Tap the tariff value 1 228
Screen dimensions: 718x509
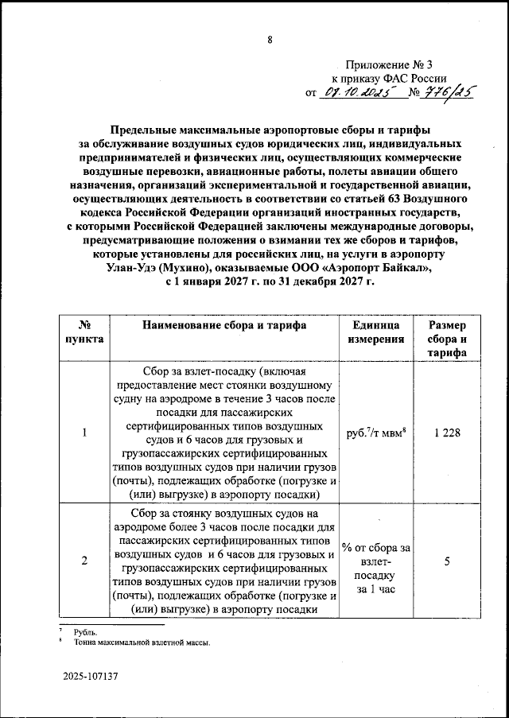tap(447, 433)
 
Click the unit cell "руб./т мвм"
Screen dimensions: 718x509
tap(373, 433)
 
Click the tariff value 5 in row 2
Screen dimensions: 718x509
tap(447, 561)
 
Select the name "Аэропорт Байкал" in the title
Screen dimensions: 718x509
tap(379, 270)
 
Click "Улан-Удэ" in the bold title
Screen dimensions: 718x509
tap(130, 270)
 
